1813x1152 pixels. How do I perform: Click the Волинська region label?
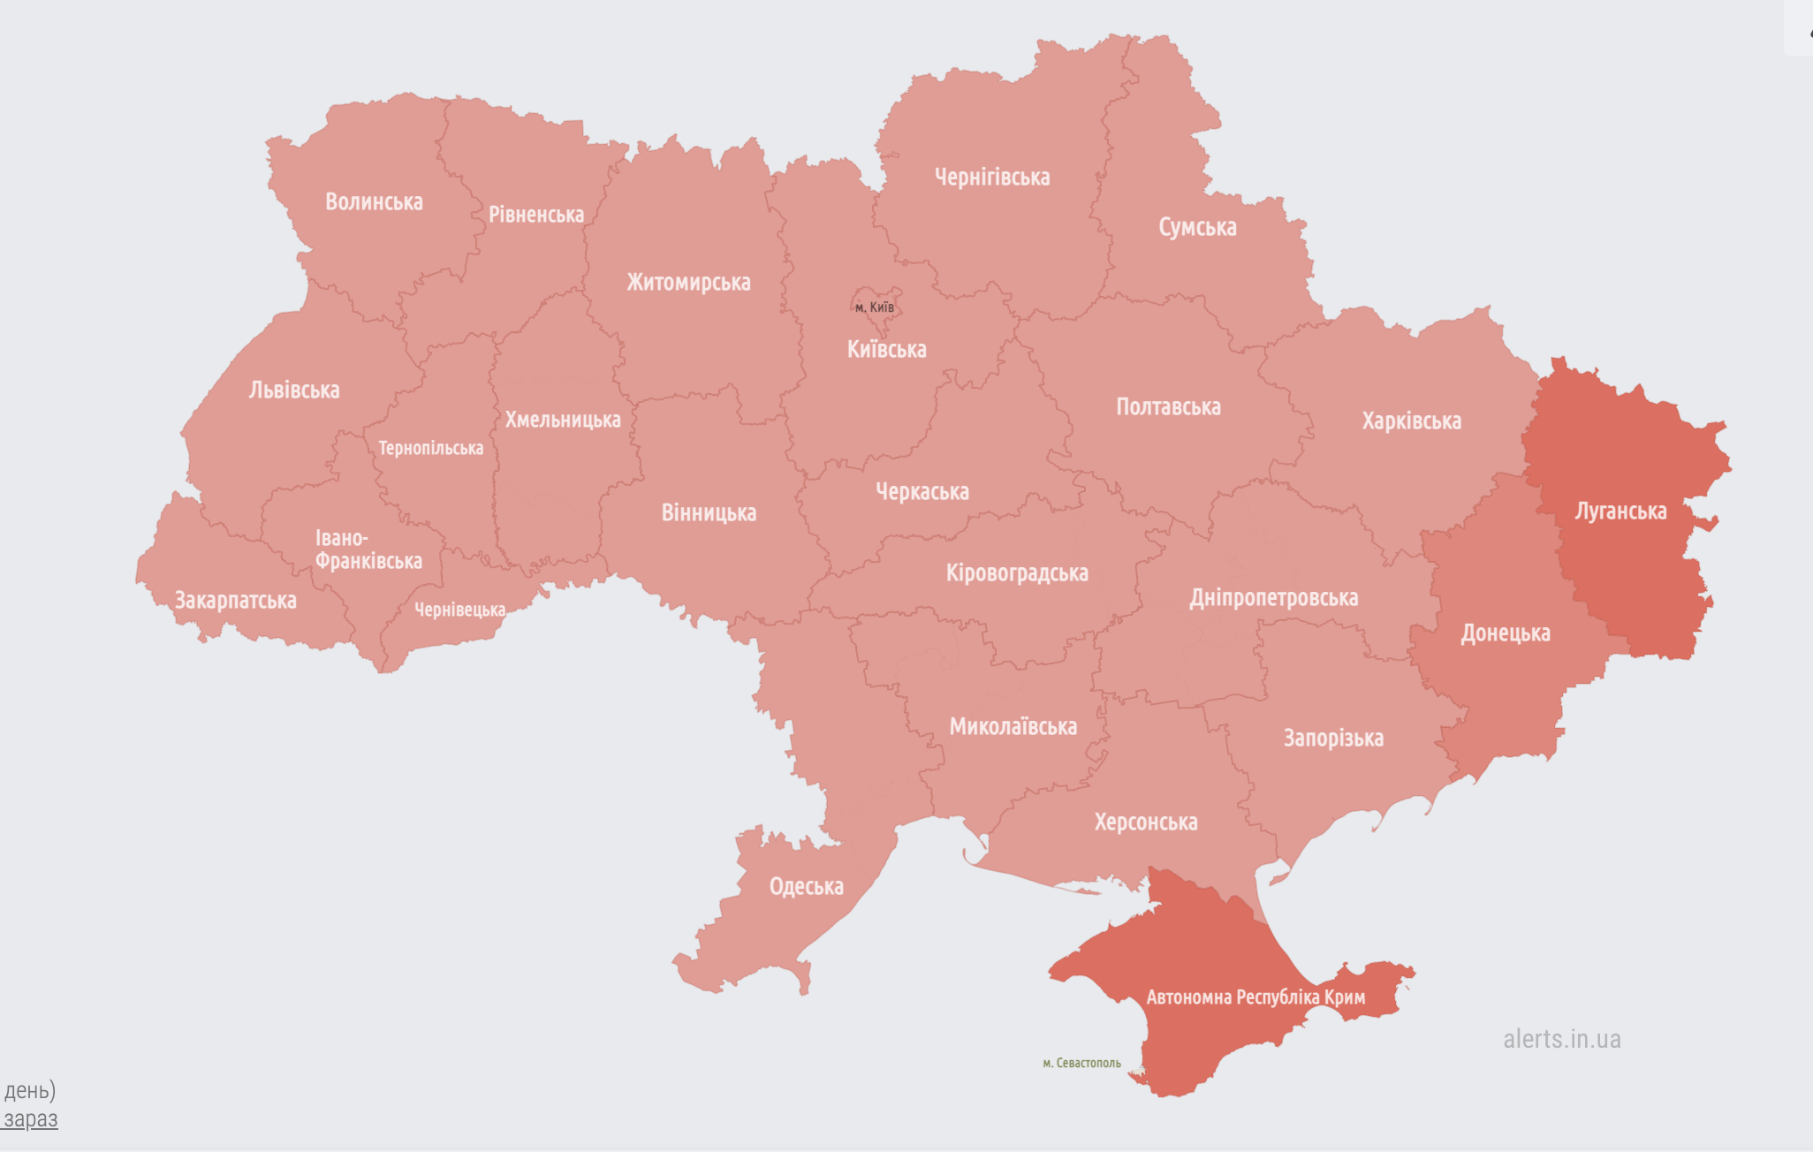point(374,202)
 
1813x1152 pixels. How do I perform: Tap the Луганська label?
point(1620,512)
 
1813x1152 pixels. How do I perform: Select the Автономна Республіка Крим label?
point(1255,997)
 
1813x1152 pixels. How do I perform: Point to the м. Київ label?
point(875,307)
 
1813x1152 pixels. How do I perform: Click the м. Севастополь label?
point(1081,1063)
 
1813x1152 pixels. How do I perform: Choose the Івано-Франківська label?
point(368,549)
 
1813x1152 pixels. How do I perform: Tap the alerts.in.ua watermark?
point(1561,1039)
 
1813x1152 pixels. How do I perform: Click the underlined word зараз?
point(30,1119)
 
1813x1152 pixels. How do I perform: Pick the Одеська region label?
point(806,886)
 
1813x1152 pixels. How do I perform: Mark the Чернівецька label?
point(459,610)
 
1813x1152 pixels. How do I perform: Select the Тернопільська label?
point(430,449)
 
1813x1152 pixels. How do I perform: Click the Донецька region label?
point(1505,633)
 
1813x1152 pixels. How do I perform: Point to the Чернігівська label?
point(991,178)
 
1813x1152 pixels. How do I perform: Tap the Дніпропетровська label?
point(1273,598)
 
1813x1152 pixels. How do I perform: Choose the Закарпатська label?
point(235,601)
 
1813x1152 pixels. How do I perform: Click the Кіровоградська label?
point(1016,573)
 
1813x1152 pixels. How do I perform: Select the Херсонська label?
point(1145,822)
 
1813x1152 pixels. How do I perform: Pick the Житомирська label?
point(688,283)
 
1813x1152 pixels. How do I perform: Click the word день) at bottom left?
point(29,1090)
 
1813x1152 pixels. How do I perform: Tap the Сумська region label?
point(1196,228)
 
